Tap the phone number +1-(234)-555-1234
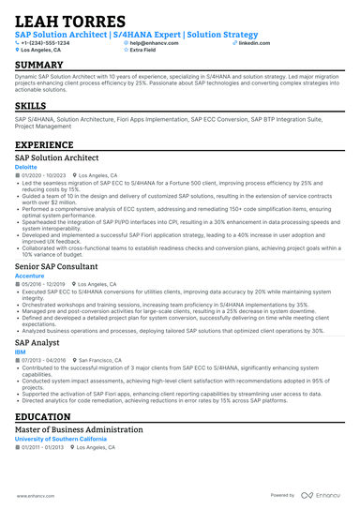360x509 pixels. pyautogui.click(x=47, y=43)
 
